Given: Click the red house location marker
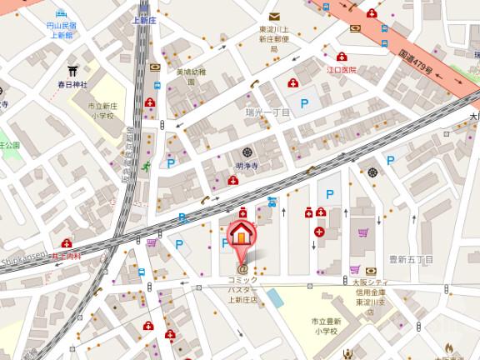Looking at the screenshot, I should click(x=240, y=233).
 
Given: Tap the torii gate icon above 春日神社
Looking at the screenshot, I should click(x=72, y=72).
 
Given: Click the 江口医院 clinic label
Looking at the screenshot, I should click(x=342, y=69).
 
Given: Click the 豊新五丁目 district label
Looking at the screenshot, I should click(x=411, y=259).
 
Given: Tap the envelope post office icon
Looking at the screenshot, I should click(x=273, y=16).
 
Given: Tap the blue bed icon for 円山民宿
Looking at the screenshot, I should click(x=61, y=14).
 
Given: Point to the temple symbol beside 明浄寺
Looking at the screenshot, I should click(x=247, y=152).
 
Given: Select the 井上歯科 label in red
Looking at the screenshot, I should click(x=64, y=256).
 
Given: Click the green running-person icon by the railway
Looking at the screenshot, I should click(x=146, y=167).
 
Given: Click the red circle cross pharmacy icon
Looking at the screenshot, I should click(x=319, y=232).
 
